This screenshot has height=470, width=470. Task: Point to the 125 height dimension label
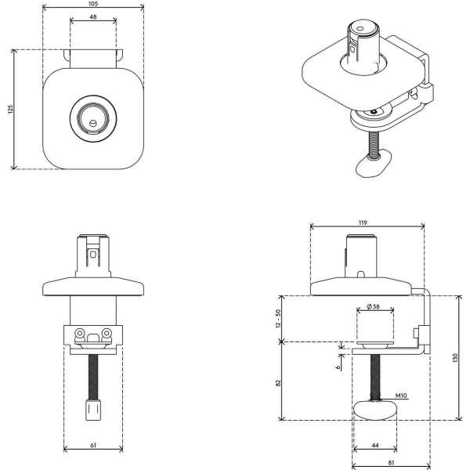point(9,109)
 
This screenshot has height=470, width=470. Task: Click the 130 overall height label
point(454,357)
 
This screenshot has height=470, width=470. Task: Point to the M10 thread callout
point(400,396)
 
